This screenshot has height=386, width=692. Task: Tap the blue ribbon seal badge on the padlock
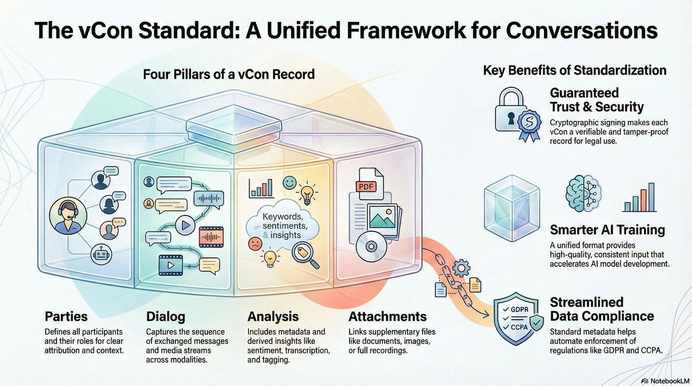coord(529,122)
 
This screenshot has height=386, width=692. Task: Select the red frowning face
coord(255,244)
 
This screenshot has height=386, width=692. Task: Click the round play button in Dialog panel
coord(185,225)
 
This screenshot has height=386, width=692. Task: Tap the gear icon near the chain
coord(461,268)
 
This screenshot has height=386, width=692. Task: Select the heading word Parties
coord(66,317)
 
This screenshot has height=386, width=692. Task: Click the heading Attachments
coord(387,317)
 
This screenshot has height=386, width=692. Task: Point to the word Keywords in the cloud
coord(282,216)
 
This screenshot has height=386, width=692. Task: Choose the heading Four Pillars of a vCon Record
coord(229,74)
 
